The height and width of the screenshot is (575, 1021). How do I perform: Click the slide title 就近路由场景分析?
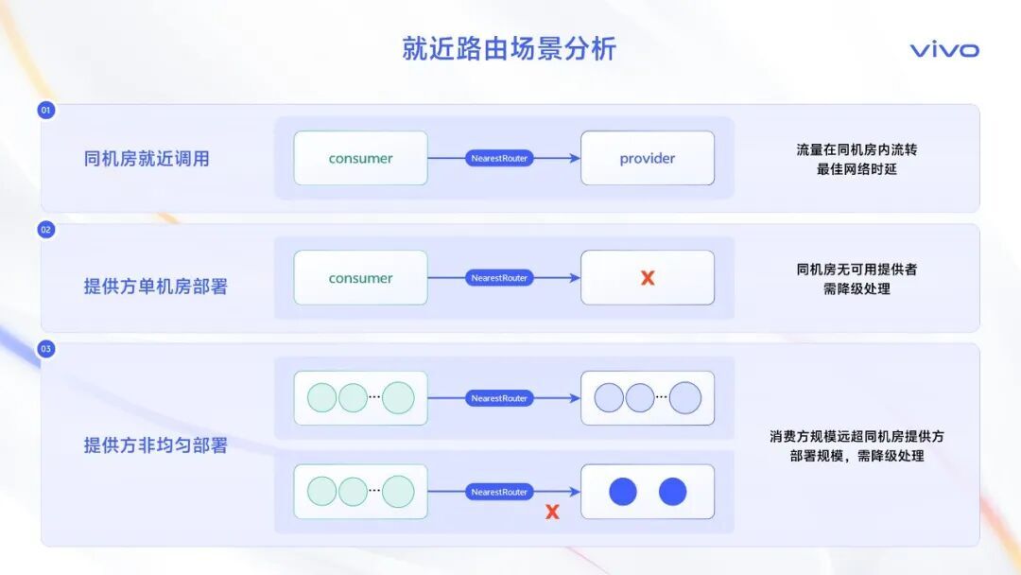(509, 49)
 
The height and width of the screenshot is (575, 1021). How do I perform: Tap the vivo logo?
(943, 50)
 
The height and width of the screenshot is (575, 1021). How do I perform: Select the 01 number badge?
(46, 110)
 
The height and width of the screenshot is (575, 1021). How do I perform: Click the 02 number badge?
(46, 230)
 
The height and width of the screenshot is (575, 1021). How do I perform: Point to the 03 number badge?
(46, 349)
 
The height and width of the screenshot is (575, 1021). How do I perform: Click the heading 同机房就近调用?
(147, 159)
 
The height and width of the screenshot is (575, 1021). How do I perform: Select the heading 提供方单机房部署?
(156, 287)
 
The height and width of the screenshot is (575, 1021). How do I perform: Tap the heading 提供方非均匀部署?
(156, 445)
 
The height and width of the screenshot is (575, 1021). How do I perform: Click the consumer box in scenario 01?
(360, 158)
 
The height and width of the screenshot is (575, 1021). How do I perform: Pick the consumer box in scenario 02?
(360, 278)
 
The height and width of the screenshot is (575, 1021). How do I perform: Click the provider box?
(648, 158)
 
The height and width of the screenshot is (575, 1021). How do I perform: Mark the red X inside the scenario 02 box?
(648, 278)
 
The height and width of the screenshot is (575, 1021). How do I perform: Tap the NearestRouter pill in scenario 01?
(499, 158)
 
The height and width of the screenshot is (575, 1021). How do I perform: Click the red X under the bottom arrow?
(552, 512)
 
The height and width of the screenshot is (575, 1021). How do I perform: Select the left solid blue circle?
(623, 492)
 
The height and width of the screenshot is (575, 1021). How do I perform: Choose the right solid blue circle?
(672, 492)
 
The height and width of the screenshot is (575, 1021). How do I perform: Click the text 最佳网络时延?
(857, 169)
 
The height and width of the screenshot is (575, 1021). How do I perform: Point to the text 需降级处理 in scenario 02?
(857, 288)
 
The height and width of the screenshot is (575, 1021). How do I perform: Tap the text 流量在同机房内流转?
(857, 149)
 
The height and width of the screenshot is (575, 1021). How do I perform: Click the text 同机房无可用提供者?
(857, 270)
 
